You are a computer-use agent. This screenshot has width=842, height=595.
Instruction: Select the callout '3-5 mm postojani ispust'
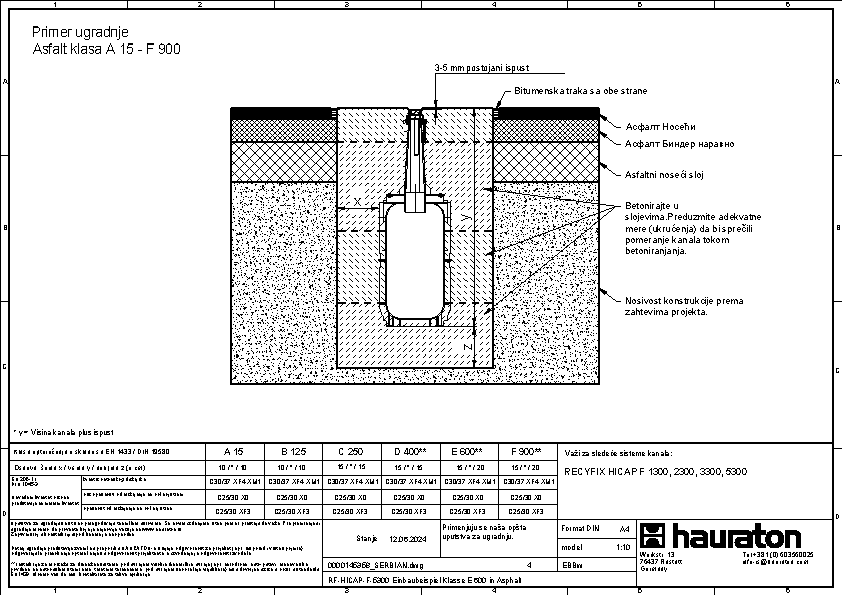click(x=482, y=68)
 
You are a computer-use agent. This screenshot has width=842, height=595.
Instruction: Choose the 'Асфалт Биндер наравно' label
click(x=679, y=144)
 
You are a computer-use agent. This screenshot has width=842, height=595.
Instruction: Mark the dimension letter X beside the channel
click(x=358, y=202)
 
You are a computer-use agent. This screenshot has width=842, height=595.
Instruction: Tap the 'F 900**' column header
click(x=525, y=452)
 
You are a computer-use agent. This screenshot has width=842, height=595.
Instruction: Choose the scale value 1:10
click(x=623, y=548)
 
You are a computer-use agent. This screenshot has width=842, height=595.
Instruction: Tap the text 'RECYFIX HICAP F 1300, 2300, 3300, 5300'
click(x=656, y=472)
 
